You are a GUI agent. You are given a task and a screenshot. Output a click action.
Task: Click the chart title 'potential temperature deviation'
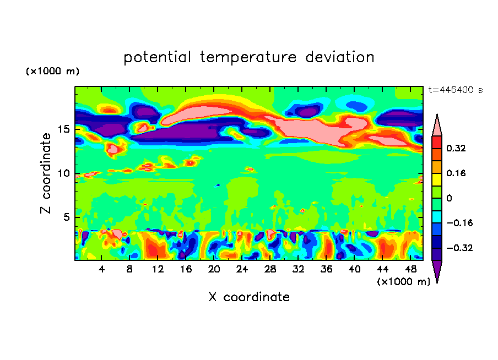pyautogui.click(x=249, y=57)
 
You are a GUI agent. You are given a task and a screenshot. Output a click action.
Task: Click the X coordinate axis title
pyautogui.click(x=249, y=297)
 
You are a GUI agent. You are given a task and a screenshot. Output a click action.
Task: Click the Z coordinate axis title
pyautogui.click(x=46, y=173)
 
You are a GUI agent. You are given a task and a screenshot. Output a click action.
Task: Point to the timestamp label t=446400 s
pyautogui.click(x=455, y=90)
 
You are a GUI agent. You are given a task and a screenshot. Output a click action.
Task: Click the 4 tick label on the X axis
pyautogui.click(x=101, y=269)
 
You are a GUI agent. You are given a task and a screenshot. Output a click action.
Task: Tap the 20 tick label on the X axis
pyautogui.click(x=214, y=269)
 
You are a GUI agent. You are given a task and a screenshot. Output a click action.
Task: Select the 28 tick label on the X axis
pyautogui.click(x=270, y=269)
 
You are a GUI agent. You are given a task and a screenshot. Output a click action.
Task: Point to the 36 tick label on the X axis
pyautogui.click(x=326, y=269)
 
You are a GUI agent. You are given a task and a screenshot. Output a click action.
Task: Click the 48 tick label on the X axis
pyautogui.click(x=410, y=269)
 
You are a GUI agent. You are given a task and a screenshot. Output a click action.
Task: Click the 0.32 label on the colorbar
pyautogui.click(x=456, y=148)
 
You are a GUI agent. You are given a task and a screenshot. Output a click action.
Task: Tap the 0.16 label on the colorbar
pyautogui.click(x=456, y=173)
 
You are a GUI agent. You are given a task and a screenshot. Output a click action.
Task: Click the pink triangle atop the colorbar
pyautogui.click(x=437, y=126)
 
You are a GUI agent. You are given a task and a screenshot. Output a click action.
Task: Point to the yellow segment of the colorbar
pyautogui.click(x=437, y=179)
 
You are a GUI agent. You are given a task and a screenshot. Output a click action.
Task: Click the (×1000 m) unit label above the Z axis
pyautogui.click(x=52, y=72)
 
